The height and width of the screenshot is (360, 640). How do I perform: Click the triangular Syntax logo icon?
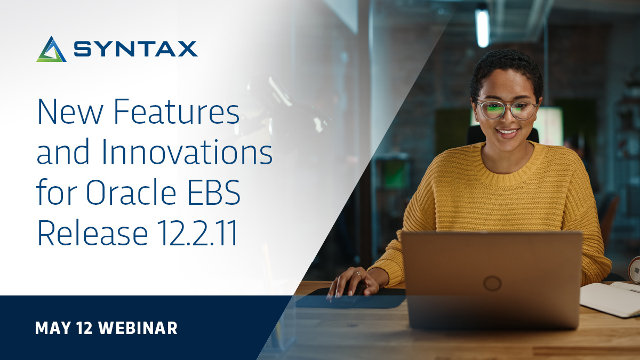pyautogui.click(x=51, y=50)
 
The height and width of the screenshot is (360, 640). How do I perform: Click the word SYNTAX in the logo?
pyautogui.click(x=136, y=50)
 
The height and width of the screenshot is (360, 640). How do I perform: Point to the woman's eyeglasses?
pyautogui.click(x=507, y=109)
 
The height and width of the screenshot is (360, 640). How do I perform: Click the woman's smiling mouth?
pyautogui.click(x=508, y=131)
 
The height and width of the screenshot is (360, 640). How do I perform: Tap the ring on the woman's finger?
pyautogui.click(x=357, y=274)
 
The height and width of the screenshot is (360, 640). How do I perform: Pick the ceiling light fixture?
pyautogui.click(x=482, y=27)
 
